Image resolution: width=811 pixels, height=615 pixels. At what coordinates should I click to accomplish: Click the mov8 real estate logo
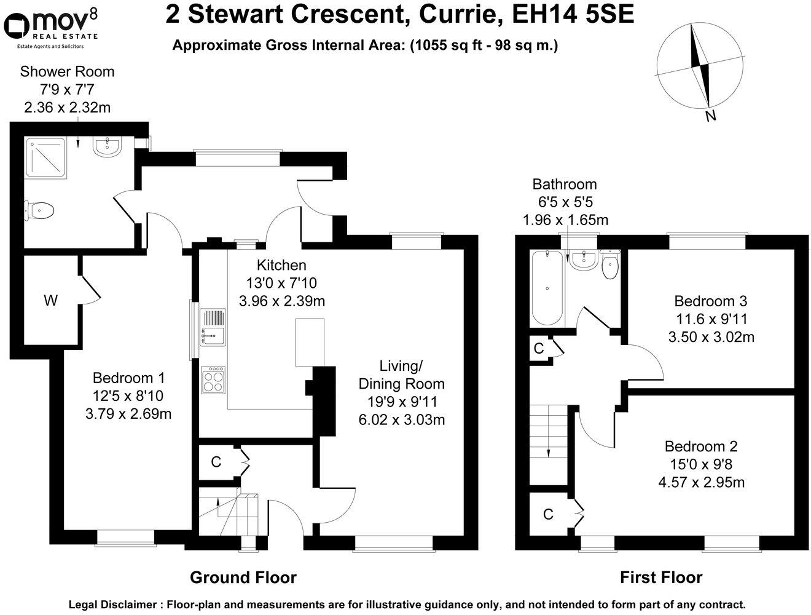tap(50, 28)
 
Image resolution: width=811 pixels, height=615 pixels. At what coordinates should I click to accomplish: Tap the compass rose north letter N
tap(711, 115)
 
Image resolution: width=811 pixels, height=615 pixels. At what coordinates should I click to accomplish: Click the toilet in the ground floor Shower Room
tap(41, 210)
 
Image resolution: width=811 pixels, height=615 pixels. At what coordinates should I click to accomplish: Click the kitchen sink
tap(213, 327)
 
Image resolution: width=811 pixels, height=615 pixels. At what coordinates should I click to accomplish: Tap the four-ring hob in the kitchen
tap(213, 379)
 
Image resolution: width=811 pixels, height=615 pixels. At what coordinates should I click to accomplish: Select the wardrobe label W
tap(50, 301)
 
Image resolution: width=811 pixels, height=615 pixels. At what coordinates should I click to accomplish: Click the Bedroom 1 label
tap(128, 378)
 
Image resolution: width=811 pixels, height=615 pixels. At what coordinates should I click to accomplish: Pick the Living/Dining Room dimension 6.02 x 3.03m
tap(401, 419)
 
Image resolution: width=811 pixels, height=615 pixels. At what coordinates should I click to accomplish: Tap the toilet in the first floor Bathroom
tap(609, 265)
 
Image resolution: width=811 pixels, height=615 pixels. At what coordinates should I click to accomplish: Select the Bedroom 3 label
tap(710, 301)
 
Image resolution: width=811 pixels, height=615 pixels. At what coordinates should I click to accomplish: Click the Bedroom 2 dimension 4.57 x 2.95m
tap(701, 482)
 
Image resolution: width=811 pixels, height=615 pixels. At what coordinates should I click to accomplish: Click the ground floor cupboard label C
tap(216, 461)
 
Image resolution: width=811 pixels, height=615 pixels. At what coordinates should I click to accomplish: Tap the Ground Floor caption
tap(243, 577)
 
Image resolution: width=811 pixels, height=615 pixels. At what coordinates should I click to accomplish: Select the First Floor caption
tap(660, 577)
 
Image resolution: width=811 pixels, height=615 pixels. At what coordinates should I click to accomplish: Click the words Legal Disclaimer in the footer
tap(114, 605)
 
